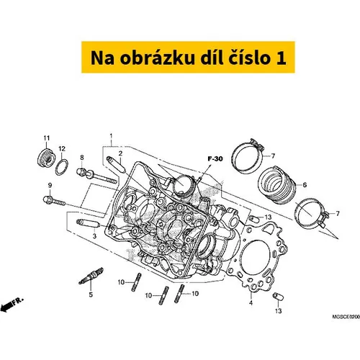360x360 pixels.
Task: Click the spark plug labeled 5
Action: (x=91, y=276)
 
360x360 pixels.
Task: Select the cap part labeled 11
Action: (x=47, y=158)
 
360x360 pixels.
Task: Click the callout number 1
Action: (x=111, y=136)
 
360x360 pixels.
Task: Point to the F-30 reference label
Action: (x=215, y=159)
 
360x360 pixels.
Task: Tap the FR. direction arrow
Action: (x=12, y=304)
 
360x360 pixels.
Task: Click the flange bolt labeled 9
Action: (x=54, y=202)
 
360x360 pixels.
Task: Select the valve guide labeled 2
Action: (x=116, y=164)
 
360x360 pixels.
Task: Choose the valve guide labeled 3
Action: (x=88, y=224)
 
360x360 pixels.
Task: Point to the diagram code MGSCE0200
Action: (x=346, y=317)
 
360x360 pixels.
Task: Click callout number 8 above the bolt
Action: (x=82, y=158)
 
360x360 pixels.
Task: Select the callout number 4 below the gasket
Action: (x=251, y=302)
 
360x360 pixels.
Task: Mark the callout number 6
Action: (x=305, y=185)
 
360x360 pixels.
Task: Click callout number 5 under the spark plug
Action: (x=91, y=294)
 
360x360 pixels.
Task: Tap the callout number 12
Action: (x=62, y=149)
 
